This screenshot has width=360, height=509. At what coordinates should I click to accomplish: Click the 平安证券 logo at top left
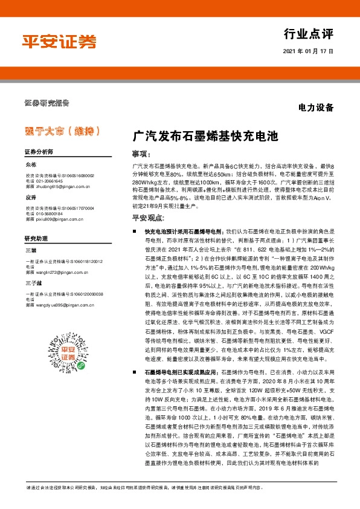coord(59,41)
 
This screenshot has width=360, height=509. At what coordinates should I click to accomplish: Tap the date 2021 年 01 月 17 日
coord(308,51)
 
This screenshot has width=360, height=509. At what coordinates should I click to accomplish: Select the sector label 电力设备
coord(316,108)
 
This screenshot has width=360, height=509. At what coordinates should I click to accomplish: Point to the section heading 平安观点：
coord(147,217)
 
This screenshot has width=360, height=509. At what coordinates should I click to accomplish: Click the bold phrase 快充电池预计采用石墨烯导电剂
coord(184,232)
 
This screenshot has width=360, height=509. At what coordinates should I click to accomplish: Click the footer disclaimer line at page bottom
coord(179,487)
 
